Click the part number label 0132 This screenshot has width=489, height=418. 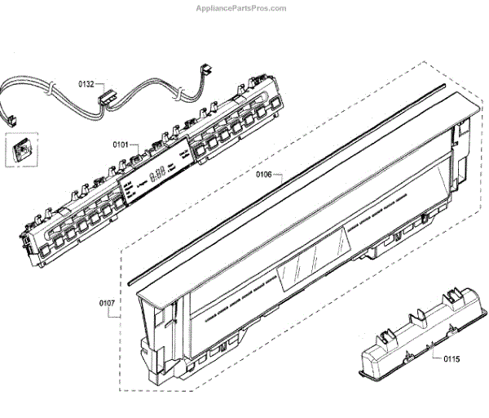tap(86, 83)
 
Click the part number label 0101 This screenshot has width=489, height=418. tap(121, 145)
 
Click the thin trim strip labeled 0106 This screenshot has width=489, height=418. tap(285, 180)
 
